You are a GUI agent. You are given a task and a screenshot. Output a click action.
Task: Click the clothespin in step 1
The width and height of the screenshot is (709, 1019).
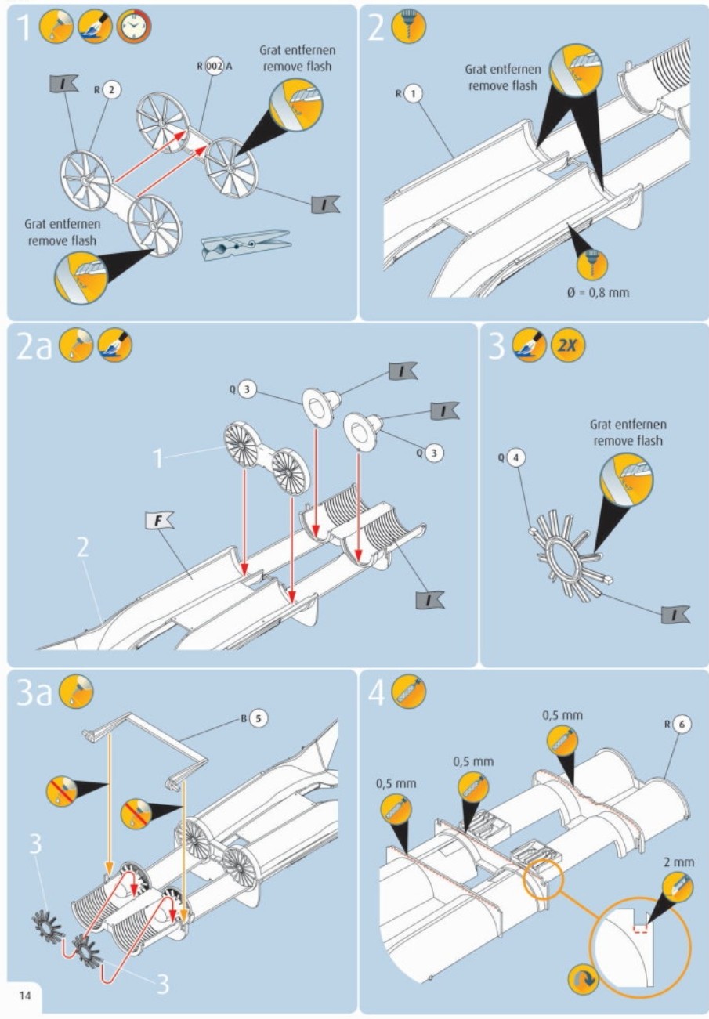pyautogui.click(x=244, y=244)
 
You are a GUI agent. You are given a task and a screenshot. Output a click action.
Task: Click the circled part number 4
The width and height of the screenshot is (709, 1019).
pyautogui.click(x=515, y=457)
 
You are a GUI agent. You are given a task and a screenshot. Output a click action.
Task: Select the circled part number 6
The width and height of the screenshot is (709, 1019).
pyautogui.click(x=682, y=725)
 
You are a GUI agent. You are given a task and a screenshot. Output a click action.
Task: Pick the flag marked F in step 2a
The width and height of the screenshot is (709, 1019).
pyautogui.click(x=162, y=519)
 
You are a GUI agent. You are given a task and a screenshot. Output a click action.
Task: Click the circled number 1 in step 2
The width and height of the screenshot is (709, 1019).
pyautogui.click(x=414, y=93)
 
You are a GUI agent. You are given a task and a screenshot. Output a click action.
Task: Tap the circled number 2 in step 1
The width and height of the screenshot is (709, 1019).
pyautogui.click(x=113, y=90)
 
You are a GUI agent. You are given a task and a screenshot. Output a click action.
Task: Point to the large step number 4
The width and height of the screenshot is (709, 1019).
pyautogui.click(x=378, y=693)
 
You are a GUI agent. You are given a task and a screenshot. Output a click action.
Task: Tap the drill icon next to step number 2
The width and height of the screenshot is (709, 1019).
pyautogui.click(x=408, y=27)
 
